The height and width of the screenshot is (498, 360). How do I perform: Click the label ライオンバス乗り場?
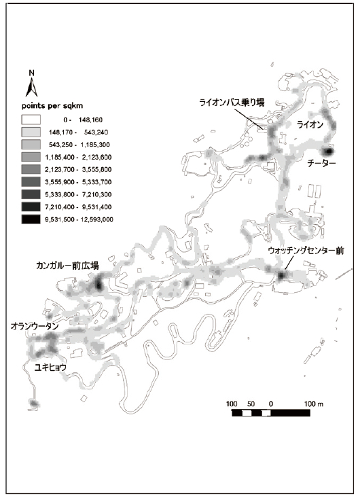click(x=231, y=103)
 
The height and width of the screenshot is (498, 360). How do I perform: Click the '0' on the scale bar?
click(x=272, y=404)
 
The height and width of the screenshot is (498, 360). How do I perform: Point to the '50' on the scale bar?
click(x=251, y=404)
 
